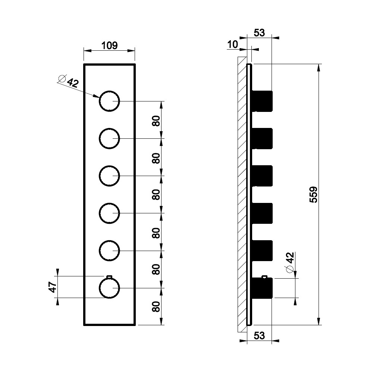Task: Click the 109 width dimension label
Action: pos(109,45)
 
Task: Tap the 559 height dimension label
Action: pos(314,195)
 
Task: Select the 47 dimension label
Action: pos(52,287)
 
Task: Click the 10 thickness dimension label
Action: pos(232,44)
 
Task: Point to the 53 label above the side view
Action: pos(259,33)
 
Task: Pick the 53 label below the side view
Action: pos(259,336)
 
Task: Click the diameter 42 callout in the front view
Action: pos(69,81)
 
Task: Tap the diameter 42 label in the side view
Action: pos(290,262)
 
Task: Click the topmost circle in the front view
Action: pos(109,91)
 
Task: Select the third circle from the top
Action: pos(109,166)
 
